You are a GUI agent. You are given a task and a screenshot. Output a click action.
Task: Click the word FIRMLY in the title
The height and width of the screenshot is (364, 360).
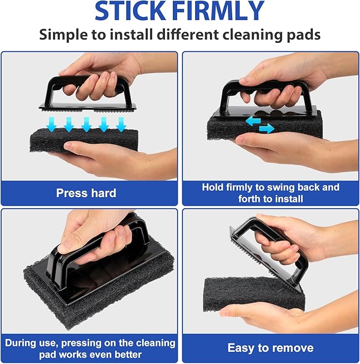tap(223, 12)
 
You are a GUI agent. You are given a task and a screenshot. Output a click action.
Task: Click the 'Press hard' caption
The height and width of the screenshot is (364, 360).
tap(86, 193)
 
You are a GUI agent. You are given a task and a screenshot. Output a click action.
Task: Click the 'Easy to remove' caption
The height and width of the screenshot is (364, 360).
tap(270, 348)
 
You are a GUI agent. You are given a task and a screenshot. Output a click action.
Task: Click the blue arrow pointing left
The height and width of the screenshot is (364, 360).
tap(252, 121)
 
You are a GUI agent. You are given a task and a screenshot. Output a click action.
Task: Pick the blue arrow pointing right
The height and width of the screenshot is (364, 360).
tap(267, 128)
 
